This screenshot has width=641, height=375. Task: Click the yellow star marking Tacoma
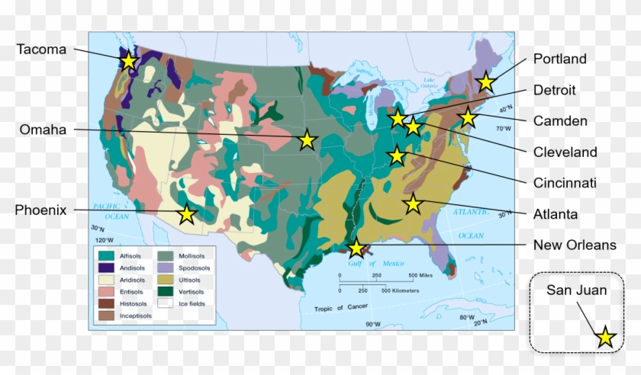click(x=129, y=60)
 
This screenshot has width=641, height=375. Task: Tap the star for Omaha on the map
click(x=307, y=139)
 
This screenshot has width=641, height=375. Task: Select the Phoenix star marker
click(x=187, y=214)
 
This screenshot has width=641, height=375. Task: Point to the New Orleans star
click(x=356, y=248)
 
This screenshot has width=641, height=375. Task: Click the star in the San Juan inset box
click(x=605, y=337)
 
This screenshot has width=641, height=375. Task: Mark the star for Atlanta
click(x=413, y=204)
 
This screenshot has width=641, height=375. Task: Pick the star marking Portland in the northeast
click(x=485, y=82)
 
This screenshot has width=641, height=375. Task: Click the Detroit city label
click(x=555, y=90)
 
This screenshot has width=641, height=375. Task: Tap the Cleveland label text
click(x=565, y=152)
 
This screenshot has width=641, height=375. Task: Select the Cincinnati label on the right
click(x=565, y=183)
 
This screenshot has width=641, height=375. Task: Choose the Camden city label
click(x=560, y=120)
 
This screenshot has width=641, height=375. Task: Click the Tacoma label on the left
click(x=41, y=50)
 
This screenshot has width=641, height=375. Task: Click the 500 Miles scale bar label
click(x=421, y=275)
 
